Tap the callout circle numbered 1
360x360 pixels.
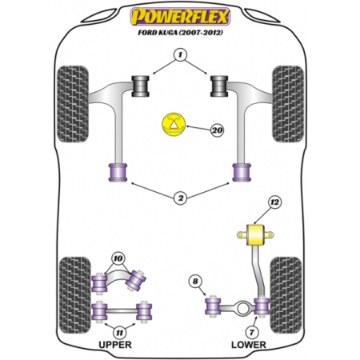coord(181,54)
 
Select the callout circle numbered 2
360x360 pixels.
coord(181,197)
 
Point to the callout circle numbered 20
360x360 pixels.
coord(216,129)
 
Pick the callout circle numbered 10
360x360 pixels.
coord(119,259)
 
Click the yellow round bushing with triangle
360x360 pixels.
coord(173,124)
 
